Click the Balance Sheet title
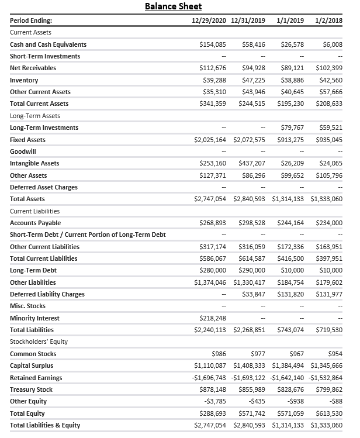(173, 6)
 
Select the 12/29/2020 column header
(209, 20)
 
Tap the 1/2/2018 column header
(328, 20)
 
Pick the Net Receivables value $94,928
(253, 68)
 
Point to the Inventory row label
(24, 80)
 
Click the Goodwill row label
(23, 151)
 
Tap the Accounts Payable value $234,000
(330, 223)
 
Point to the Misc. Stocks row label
(27, 306)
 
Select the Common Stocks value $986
(218, 354)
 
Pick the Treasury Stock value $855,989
(253, 389)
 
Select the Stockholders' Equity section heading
(39, 342)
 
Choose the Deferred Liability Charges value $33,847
(253, 294)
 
